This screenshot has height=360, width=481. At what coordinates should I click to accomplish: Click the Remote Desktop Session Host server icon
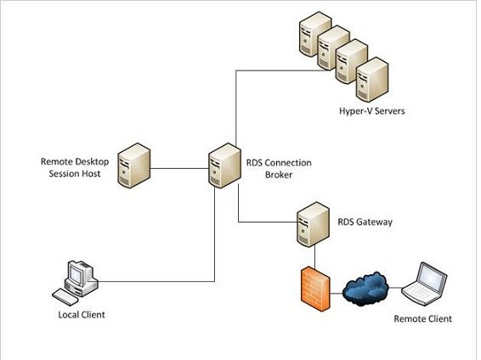[134, 166]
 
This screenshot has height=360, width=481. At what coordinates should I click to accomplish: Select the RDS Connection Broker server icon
[224, 166]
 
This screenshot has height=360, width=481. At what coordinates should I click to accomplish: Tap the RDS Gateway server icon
[314, 224]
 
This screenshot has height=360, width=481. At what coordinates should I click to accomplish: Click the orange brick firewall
[315, 289]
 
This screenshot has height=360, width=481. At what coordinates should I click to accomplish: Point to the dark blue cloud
[365, 289]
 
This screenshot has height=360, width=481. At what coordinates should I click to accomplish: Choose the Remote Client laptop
[425, 284]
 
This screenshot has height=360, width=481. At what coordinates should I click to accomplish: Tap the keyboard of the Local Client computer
[65, 296]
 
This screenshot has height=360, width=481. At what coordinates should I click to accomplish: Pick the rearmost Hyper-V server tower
[315, 34]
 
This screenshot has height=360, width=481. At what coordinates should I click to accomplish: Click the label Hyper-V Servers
[371, 111]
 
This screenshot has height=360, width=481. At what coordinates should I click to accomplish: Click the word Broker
[279, 175]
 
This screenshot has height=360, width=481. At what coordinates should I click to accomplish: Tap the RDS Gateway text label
[365, 222]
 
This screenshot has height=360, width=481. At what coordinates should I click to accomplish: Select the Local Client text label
[82, 315]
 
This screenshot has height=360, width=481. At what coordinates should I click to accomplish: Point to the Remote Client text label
[422, 318]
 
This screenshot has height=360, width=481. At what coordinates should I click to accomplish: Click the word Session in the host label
[63, 174]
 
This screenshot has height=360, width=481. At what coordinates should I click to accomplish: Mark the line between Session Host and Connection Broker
[179, 168]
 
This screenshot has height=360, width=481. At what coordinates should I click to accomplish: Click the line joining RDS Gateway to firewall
[314, 256]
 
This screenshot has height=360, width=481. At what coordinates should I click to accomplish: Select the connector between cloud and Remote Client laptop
[395, 288]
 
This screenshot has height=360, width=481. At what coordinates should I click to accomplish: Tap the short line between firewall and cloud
[337, 293]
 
